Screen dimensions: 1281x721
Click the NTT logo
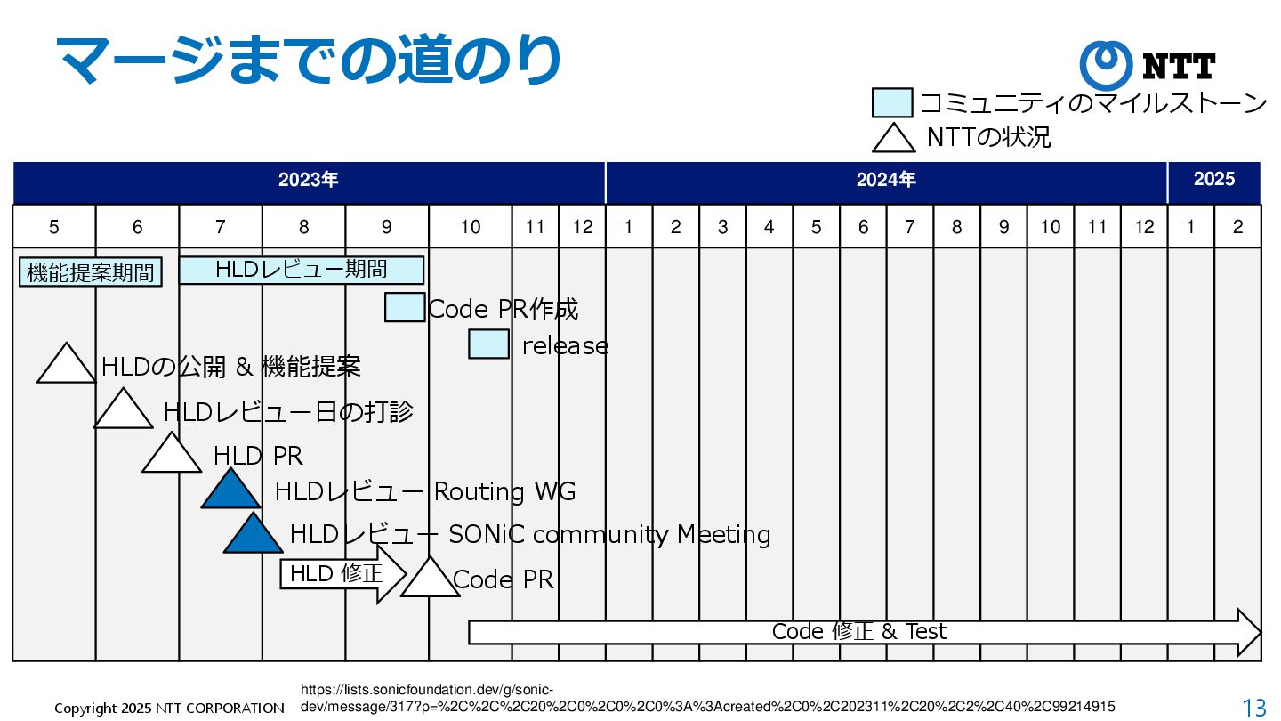1148,66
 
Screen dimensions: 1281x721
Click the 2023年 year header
309,180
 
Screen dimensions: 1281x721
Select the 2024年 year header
886,180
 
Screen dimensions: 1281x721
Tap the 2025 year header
1213,180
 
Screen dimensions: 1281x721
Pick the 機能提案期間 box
91,272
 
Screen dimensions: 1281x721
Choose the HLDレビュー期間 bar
301,269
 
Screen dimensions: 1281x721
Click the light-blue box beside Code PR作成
405,307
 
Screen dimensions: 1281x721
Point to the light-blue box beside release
488,344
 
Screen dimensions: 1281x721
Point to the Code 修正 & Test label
858,632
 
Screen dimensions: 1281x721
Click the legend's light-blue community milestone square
892,103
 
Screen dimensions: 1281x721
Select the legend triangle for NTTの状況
893,138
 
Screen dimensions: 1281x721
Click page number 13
1254,708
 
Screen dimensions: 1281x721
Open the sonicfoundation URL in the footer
707,698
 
